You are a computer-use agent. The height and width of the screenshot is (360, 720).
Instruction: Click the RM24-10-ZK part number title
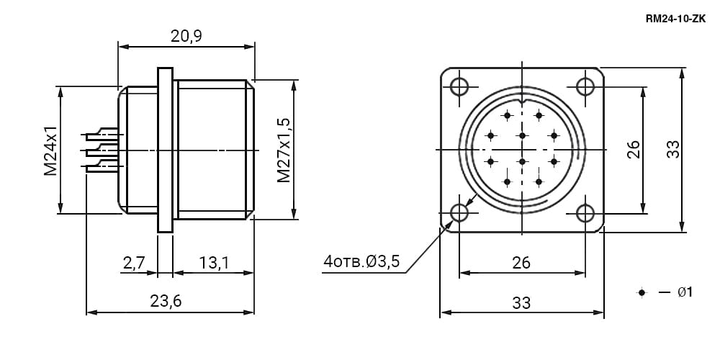(675, 19)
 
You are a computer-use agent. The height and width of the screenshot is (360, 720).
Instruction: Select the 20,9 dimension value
(186, 36)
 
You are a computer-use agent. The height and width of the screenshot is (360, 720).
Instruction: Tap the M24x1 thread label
(50, 150)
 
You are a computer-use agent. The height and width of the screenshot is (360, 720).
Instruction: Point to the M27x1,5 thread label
(284, 150)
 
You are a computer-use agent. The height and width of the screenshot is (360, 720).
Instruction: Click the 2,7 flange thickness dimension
(134, 263)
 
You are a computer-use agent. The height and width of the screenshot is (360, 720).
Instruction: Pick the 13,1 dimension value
(214, 263)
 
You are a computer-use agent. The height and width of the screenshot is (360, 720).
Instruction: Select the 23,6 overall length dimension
(166, 301)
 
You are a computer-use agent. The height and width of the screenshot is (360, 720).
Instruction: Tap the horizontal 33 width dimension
(521, 303)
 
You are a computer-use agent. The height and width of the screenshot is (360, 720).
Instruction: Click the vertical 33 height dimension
(673, 149)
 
